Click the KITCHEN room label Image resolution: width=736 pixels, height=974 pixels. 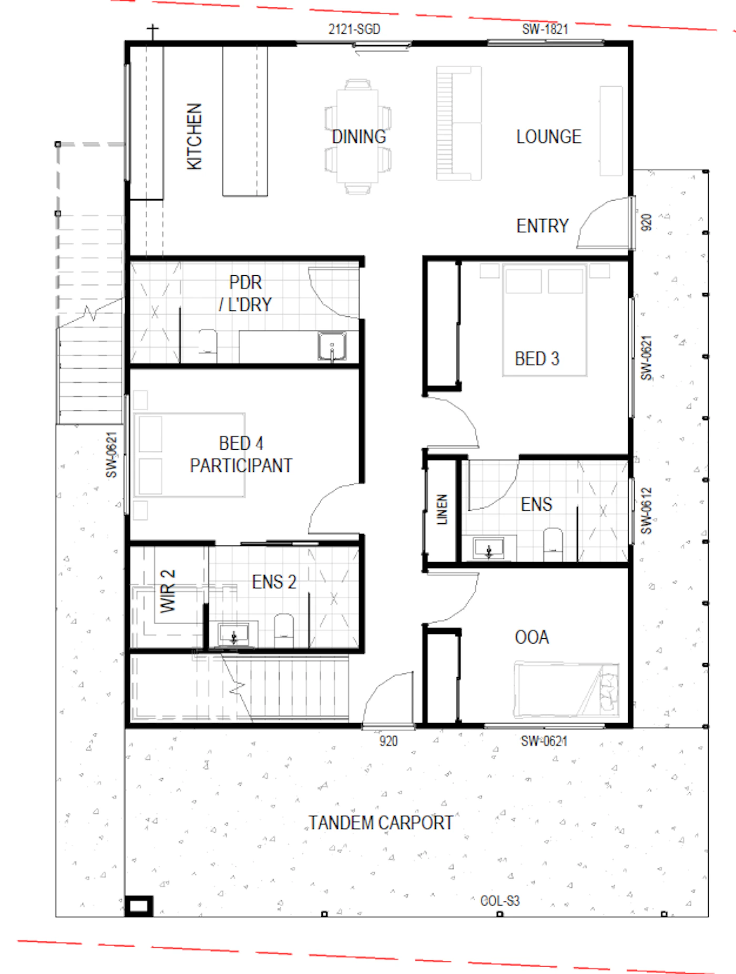click(194, 137)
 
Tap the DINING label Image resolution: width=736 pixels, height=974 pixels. click(359, 137)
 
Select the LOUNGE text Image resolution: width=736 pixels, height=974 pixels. click(549, 137)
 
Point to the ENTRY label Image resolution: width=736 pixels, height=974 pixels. click(543, 226)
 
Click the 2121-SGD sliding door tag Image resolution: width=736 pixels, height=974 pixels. click(354, 29)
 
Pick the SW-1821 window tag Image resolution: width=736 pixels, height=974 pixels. click(545, 29)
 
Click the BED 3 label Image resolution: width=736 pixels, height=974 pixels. click(537, 359)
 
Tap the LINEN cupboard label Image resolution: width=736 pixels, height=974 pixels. click(442, 509)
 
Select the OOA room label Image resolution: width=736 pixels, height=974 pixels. click(532, 637)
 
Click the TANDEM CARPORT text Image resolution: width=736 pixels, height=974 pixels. click(381, 823)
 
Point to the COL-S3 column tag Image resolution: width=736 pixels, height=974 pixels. click(500, 901)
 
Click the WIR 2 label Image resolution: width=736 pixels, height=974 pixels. click(168, 591)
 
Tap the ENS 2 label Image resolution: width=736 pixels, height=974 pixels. click(274, 582)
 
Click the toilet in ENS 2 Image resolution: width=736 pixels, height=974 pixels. click(284, 630)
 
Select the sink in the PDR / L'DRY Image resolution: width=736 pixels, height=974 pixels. click(332, 346)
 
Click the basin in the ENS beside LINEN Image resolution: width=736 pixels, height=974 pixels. click(489, 548)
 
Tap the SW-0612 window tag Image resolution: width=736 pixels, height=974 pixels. click(646, 511)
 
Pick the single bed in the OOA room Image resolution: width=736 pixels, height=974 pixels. click(566, 690)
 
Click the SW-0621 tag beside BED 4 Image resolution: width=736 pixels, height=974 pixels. click(111, 455)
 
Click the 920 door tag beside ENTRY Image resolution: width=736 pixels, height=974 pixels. click(646, 222)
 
